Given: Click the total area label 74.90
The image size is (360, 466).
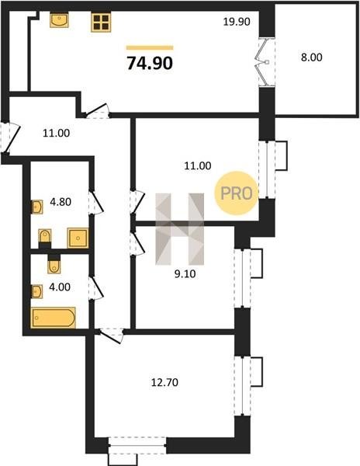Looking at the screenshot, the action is coord(150,63).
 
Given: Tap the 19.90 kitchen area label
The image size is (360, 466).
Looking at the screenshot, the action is coord(237,22).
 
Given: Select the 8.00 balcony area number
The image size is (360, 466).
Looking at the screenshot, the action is coord(312,57).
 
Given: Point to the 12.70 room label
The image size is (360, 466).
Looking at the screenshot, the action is coord(164,382).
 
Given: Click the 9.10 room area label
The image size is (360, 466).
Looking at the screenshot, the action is coord(185,273).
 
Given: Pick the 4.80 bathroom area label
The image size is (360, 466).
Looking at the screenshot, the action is coord(61,202).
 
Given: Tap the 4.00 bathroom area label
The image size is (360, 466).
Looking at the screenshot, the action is coord(60,287).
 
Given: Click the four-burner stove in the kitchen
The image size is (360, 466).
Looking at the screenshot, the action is coord(101,23).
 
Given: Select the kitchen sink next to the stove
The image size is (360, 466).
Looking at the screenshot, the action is coord(59,19).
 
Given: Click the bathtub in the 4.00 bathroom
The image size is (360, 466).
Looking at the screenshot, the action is coord(53,318).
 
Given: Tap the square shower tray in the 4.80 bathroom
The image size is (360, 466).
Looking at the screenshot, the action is coord(78,238).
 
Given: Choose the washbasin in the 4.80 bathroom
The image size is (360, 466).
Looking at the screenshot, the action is coord(37,207).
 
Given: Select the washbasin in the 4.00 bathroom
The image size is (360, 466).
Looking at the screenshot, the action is coord(36,291).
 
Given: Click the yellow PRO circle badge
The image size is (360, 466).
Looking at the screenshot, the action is coord(236,193).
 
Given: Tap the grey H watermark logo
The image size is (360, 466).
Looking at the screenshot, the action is coord(180,229).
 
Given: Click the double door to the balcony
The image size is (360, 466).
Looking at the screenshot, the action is coord(266,62).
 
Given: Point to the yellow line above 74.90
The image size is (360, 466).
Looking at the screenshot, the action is coord(150,47).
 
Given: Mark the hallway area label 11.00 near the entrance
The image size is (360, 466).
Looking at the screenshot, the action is coord(57,133).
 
